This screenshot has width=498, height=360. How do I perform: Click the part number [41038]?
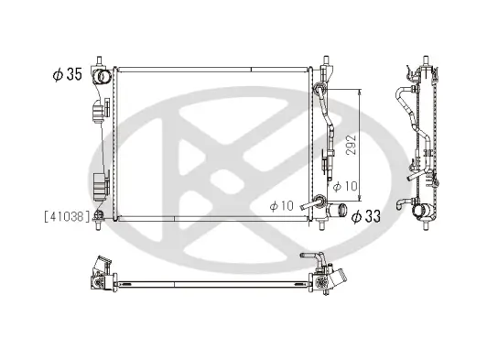[67, 216]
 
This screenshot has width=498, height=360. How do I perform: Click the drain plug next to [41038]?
[100, 216]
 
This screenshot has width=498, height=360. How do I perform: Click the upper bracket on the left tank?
[98, 113]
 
